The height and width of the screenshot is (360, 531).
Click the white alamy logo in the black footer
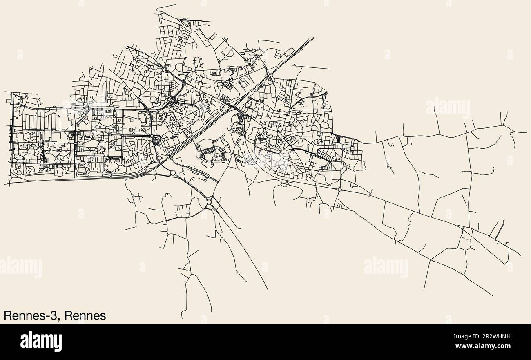point(41,342)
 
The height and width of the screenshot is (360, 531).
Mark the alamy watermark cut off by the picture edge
point(20,267)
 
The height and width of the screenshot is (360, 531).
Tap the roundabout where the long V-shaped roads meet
point(210,202)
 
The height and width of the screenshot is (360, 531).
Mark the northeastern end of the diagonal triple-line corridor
point(313,38)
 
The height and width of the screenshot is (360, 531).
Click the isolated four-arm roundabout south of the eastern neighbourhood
point(339,190)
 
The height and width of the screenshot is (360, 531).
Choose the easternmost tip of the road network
point(527,132)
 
